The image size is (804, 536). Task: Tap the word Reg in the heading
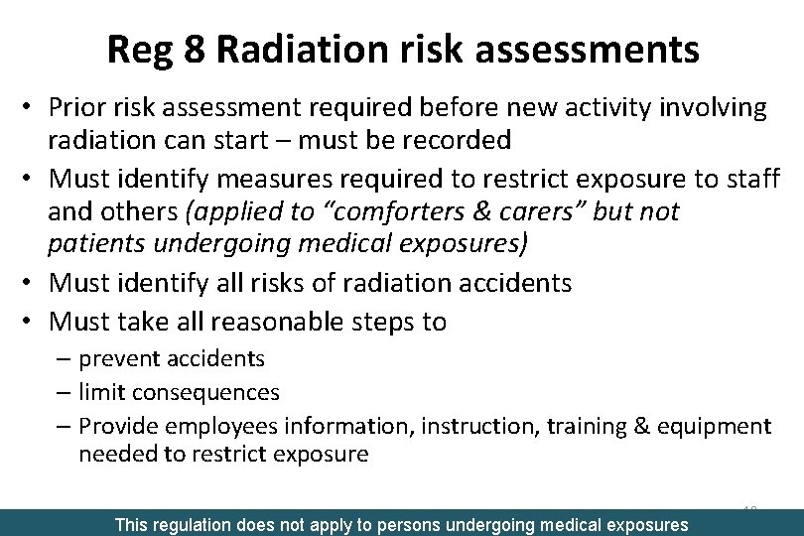140,49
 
